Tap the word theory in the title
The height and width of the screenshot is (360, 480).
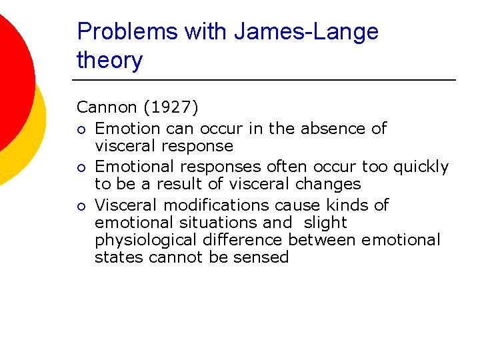point(109,61)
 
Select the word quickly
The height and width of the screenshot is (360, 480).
point(420,166)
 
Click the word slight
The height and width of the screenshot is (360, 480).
point(324,222)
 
